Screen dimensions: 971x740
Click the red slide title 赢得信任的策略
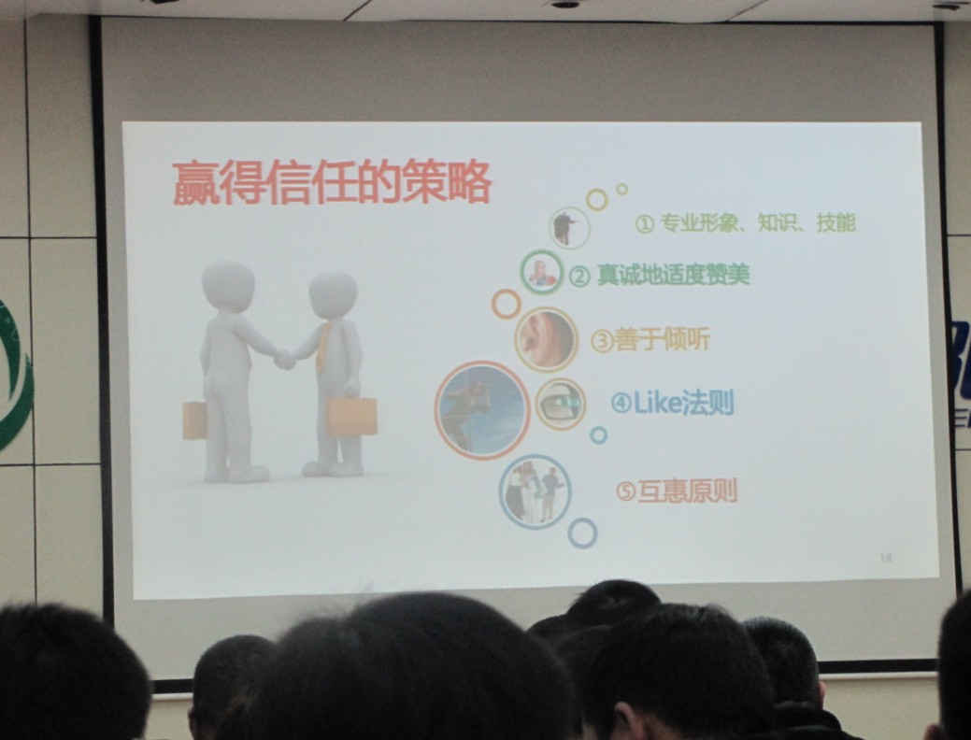coord(332,183)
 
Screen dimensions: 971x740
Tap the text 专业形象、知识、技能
coord(758,223)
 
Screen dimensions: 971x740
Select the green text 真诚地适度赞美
coord(674,275)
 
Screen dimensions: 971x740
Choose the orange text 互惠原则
coord(688,491)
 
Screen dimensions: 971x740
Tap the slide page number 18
coord(886,558)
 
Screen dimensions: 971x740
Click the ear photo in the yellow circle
coord(546,339)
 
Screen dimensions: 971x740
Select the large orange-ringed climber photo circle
coord(482,410)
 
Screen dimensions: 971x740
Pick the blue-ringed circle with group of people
coord(535,492)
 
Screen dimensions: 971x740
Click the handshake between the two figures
coord(284,359)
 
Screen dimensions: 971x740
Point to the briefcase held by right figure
coord(351,417)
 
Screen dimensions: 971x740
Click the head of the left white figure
coord(228,286)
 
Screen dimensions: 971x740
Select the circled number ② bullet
coord(579,277)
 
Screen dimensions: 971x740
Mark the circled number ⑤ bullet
coord(625,492)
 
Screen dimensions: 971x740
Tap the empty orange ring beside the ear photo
coord(506,304)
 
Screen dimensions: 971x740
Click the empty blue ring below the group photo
coord(582,534)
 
